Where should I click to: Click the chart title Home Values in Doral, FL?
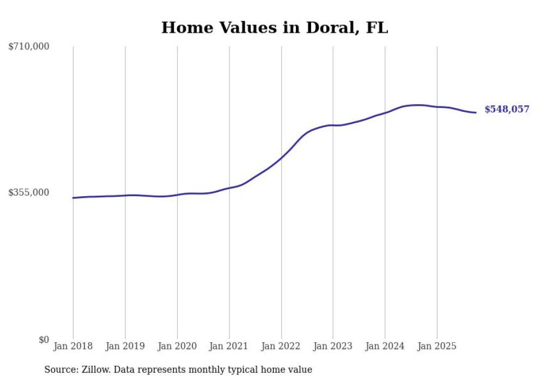[275, 27]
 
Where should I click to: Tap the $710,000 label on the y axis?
[29, 47]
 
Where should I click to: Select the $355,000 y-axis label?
[29, 192]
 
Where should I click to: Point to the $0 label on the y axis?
[44, 340]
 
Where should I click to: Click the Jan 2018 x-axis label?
[73, 346]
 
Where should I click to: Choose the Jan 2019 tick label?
[125, 346]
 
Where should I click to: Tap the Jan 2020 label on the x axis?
[177, 346]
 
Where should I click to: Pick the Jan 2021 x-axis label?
[229, 346]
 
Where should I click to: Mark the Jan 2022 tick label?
[281, 346]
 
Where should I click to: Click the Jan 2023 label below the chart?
[333, 346]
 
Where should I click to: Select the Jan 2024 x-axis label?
[385, 346]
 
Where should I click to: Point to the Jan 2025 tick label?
[437, 346]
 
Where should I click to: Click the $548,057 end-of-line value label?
[507, 110]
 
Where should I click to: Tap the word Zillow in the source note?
[96, 370]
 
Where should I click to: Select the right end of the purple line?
[476, 112]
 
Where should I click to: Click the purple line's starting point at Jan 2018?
[74, 198]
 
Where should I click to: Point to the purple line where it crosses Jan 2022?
[281, 158]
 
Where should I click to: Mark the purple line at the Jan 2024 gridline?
[385, 112]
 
